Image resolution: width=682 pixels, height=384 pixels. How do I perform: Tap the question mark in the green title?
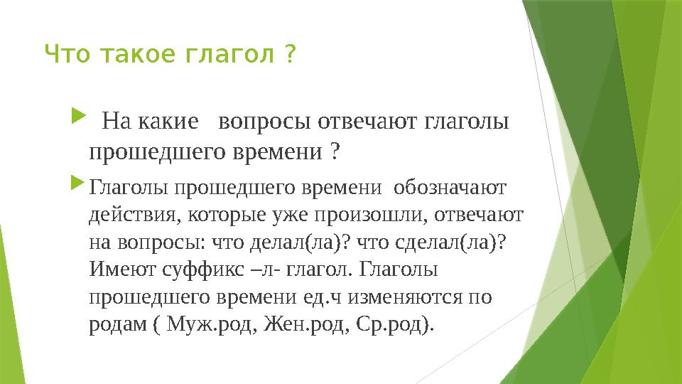coord(290,54)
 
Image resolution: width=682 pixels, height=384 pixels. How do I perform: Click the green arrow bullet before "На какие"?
coord(78,116)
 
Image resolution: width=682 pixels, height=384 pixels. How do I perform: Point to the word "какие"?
coord(168,122)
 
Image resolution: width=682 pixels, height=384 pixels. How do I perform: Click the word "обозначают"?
coord(450,188)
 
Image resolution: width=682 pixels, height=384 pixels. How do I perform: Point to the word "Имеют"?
coord(122,270)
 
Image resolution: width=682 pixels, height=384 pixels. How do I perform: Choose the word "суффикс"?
coord(203,270)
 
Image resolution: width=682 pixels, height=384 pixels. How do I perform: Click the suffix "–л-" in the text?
coord(266,270)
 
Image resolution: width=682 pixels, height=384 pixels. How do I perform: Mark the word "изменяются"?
coord(405,297)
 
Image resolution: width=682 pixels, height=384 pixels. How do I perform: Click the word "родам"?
coord(118,325)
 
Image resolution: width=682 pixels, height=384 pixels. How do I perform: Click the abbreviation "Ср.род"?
coord(389,325)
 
